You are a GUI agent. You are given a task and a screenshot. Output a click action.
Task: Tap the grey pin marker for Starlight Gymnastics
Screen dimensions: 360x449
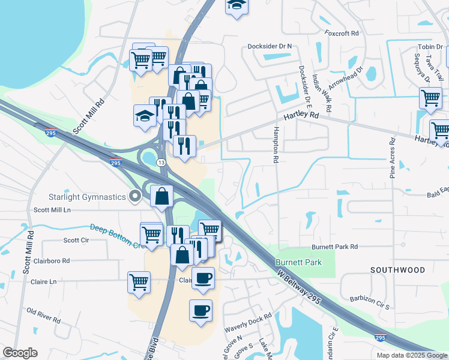pos(136,196)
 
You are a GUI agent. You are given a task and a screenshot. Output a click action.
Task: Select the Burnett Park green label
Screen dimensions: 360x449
pos(298,262)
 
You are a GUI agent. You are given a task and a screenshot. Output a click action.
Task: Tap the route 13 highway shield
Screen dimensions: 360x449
pos(161,163)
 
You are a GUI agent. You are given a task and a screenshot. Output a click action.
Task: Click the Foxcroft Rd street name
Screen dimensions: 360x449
pos(341,33)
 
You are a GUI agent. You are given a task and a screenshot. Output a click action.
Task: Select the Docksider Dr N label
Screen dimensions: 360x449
pos(270,46)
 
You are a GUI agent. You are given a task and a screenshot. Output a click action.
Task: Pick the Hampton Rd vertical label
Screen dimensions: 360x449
pos(277,145)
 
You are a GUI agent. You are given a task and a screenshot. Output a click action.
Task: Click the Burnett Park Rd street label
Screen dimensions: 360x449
pos(334,247)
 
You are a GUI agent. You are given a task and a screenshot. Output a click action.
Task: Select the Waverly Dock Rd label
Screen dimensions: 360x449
pos(248,322)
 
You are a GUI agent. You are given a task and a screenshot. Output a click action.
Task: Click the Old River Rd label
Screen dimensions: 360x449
pos(44,316)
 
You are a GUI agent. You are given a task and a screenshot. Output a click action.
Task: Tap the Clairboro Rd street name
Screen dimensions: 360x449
pos(50,261)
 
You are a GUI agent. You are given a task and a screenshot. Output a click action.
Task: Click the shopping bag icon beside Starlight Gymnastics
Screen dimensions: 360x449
pos(162,196)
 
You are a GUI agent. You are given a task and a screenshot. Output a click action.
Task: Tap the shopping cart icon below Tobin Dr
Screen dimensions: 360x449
pos(430,98)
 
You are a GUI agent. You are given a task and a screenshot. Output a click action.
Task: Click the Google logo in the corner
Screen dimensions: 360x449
pos(20,353)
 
